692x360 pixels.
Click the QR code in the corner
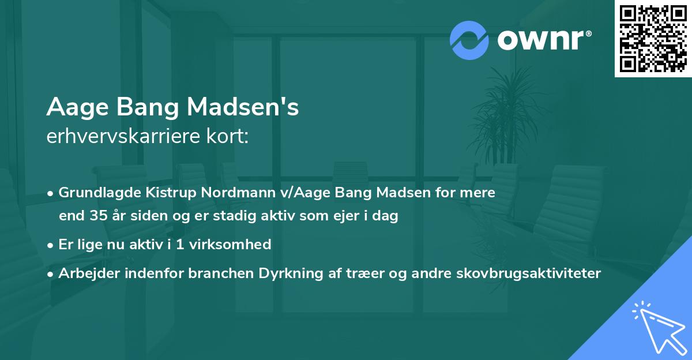click(653, 39)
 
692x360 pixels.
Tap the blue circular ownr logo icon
click(469, 40)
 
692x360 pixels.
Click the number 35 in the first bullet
click(97, 216)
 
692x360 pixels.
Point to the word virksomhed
click(234, 245)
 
